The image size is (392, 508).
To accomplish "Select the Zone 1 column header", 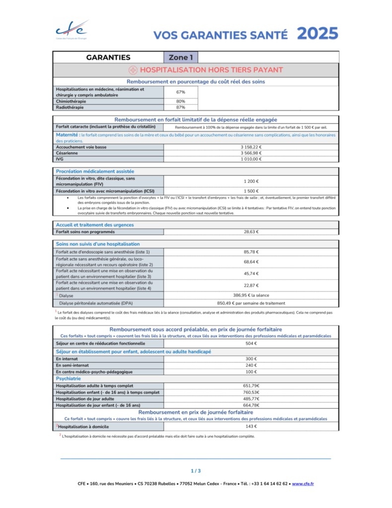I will pyautogui.click(x=181, y=58).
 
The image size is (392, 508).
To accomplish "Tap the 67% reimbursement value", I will pyautogui.click(x=181, y=92).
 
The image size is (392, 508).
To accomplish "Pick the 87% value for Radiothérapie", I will pyautogui.click(x=181, y=107).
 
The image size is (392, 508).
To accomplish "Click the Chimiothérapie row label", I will pyautogui.click(x=71, y=101).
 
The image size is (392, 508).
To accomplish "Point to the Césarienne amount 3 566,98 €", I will pyautogui.click(x=251, y=153).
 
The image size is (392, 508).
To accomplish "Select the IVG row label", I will pyautogui.click(x=61, y=159).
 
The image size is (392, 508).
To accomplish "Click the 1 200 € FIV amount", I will pyautogui.click(x=251, y=182).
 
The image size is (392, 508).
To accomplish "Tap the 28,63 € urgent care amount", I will pyautogui.click(x=251, y=232).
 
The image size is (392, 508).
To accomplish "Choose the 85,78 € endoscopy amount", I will pyautogui.click(x=251, y=252).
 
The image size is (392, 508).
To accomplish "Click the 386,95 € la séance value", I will pyautogui.click(x=251, y=295).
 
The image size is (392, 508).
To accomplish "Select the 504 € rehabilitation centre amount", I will pyautogui.click(x=251, y=343).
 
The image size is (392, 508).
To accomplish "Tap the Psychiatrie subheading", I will pyautogui.click(x=71, y=379).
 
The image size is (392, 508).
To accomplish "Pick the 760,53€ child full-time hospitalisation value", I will pyautogui.click(x=251, y=392).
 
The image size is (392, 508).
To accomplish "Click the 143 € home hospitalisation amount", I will pyautogui.click(x=251, y=427).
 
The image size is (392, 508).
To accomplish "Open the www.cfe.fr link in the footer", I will pyautogui.click(x=303, y=484).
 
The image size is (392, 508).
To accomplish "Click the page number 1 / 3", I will pyautogui.click(x=196, y=471).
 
